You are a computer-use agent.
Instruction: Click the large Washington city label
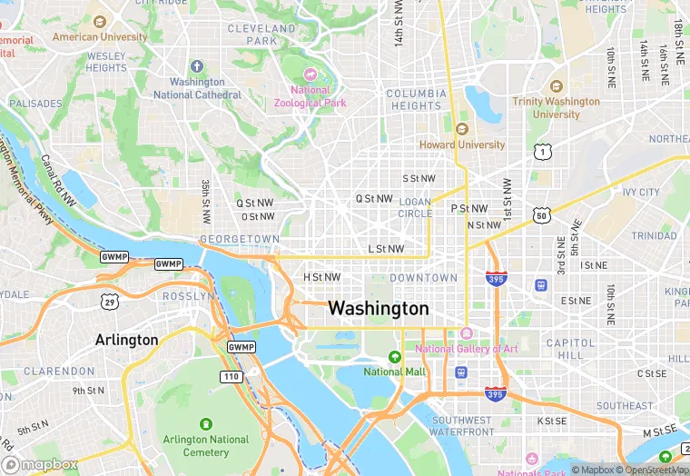tap(378, 309)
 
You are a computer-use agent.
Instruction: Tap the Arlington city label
tap(126, 341)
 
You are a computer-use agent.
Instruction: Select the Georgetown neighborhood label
tap(240, 239)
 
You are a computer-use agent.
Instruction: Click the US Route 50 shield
tap(542, 215)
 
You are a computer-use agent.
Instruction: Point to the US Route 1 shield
tap(542, 151)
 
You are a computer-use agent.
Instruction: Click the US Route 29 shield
tap(110, 302)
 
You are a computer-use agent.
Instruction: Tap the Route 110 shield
tap(231, 376)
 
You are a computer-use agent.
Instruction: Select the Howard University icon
tap(461, 128)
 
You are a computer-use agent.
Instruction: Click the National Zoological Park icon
tap(310, 74)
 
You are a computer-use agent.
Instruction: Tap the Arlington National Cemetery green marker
tap(205, 424)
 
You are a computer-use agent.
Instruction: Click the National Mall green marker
tap(394, 357)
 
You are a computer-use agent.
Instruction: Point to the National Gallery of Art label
tap(467, 349)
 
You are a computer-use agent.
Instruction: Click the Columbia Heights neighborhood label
tap(415, 100)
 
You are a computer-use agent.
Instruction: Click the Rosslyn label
tap(188, 296)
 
